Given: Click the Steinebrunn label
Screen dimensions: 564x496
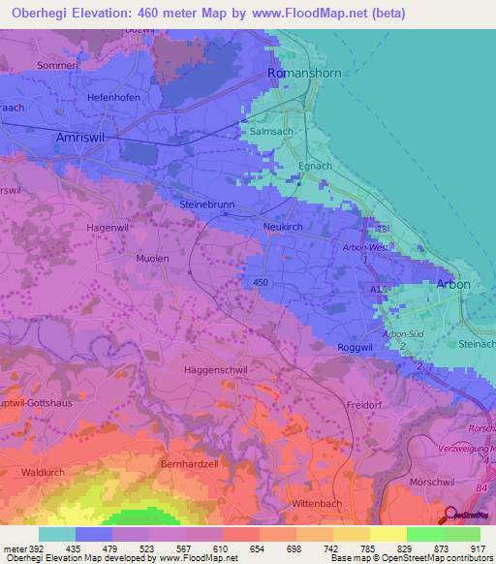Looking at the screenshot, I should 207,205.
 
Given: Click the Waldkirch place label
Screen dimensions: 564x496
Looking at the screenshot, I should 41,473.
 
